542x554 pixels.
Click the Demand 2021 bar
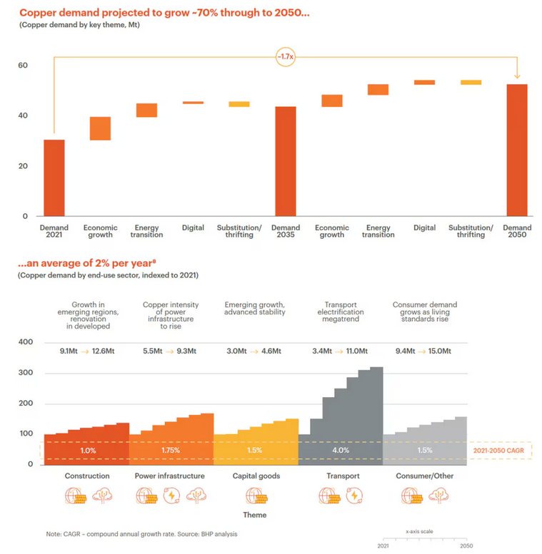point(54,178)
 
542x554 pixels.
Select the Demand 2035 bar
point(286,161)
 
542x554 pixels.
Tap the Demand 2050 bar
point(517,150)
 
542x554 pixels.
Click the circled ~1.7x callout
point(286,57)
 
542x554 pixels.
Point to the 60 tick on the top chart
point(23,66)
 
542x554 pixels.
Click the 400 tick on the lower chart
point(26,342)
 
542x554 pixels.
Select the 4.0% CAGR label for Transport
point(340,451)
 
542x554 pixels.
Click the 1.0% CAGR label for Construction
point(87,451)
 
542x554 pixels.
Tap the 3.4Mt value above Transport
point(323,352)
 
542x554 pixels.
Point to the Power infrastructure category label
point(170,476)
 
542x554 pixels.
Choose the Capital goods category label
point(256,476)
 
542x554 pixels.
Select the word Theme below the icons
point(255,514)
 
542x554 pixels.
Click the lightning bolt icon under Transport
point(353,496)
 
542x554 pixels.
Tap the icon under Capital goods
point(256,496)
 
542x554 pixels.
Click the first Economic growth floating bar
point(100,128)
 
